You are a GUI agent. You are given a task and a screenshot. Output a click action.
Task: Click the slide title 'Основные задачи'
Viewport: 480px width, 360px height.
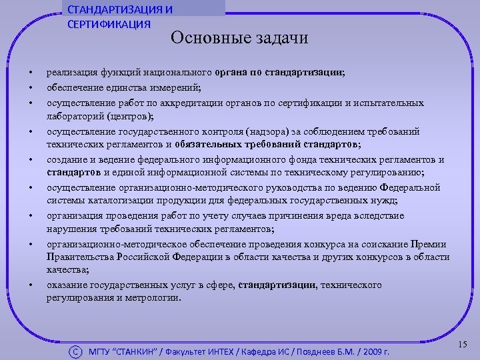point(239,37)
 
